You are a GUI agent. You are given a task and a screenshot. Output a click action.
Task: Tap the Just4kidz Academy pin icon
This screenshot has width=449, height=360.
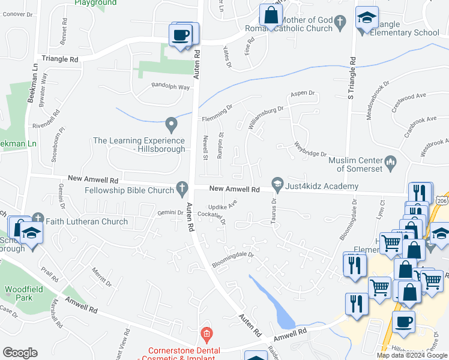pos(277,182)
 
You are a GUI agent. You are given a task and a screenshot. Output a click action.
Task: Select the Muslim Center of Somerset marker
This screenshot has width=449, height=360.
pos(391,161)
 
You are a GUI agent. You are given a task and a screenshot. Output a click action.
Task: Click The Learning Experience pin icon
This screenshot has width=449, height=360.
pos(172,125)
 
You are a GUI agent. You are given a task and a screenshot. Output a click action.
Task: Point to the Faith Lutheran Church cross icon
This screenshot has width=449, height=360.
pos(38,218)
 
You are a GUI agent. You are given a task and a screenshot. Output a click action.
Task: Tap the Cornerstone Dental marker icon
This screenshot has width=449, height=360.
pos(207,333)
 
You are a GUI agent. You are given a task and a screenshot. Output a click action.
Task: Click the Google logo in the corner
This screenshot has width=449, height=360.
pos(20,352)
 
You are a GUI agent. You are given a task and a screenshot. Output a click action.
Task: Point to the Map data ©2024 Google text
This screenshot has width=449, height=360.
pos(412,355)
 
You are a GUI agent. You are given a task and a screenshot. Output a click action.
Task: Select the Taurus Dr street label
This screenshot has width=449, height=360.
pos(274,206)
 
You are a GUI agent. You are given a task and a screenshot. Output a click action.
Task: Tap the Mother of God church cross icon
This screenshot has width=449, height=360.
pos(340,23)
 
